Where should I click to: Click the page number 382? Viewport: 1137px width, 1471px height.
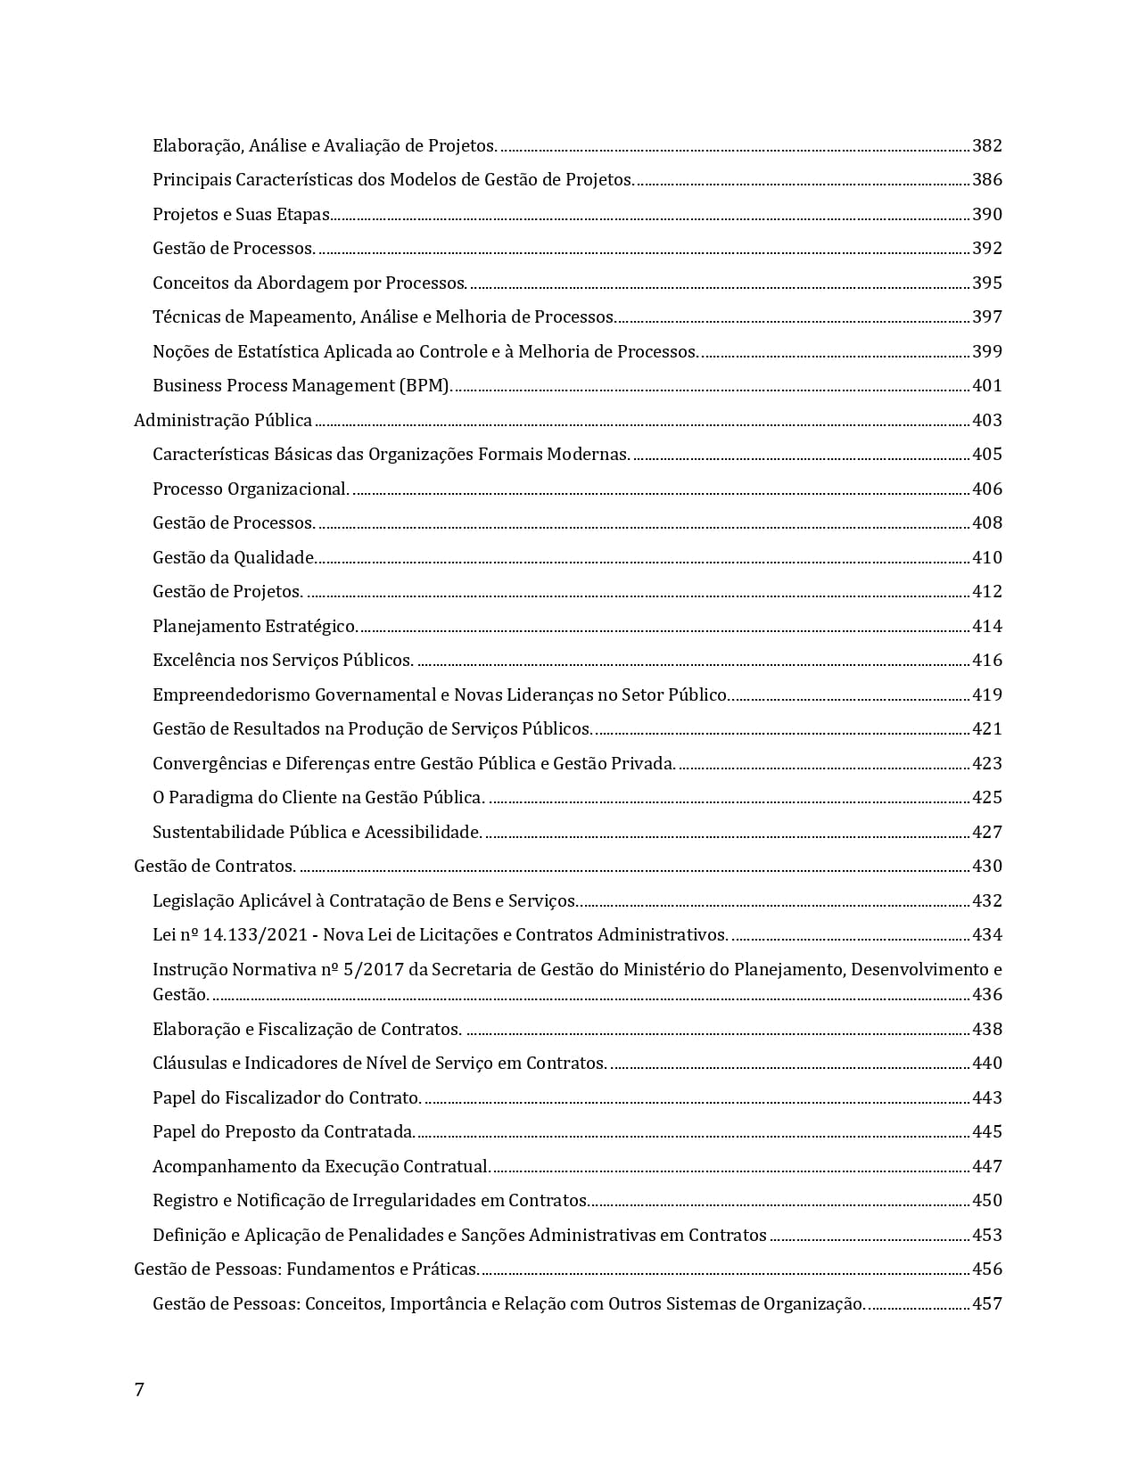click(986, 145)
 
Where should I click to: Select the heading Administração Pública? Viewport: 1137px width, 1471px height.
click(223, 420)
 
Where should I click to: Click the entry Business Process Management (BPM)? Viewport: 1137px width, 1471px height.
click(302, 386)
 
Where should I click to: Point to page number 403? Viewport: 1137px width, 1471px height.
click(986, 420)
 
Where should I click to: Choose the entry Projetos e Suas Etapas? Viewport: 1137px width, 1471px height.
click(241, 214)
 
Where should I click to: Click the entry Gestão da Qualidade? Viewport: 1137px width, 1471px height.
click(233, 557)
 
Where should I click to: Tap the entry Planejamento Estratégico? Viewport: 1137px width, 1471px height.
click(255, 626)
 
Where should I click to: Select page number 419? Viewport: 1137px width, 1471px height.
click(986, 694)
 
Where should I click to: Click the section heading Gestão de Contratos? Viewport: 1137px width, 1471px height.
click(215, 866)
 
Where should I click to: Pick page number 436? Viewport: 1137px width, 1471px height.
click(986, 994)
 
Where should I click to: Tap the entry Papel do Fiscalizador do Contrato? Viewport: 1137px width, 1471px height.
click(286, 1097)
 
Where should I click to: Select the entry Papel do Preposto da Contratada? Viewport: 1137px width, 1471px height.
click(284, 1131)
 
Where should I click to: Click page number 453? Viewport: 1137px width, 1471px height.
click(986, 1235)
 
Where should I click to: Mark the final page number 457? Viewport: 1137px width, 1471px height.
click(986, 1303)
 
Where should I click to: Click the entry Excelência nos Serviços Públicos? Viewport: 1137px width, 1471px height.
click(283, 660)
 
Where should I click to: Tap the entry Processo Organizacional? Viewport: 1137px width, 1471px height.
click(251, 489)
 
